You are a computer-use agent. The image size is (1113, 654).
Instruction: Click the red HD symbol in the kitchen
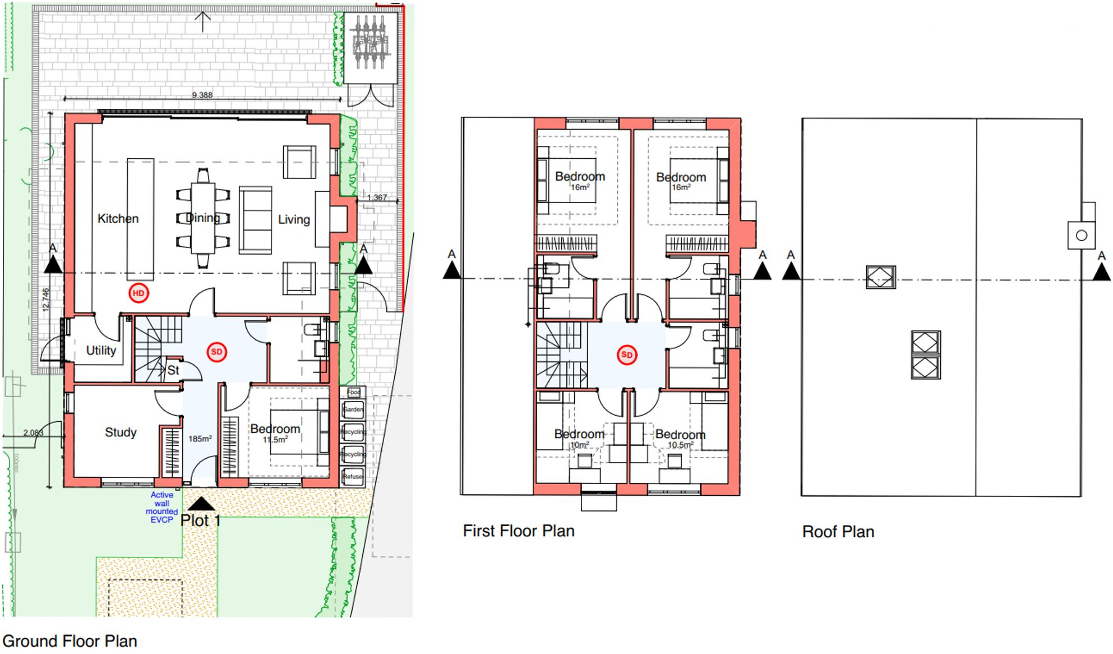138,293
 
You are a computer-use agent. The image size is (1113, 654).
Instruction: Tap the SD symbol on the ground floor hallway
216,352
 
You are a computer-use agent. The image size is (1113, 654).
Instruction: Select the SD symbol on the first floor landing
627,354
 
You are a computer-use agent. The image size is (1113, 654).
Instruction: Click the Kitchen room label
118,219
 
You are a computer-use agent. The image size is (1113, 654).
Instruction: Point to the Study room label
121,432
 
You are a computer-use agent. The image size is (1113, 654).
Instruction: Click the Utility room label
101,351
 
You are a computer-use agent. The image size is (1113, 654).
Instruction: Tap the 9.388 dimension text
202,95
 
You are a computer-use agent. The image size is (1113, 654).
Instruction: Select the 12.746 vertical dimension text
46,300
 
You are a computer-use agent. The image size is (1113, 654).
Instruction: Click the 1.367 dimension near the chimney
377,197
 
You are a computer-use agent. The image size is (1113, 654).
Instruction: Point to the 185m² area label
200,439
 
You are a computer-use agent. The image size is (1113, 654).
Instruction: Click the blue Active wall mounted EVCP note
161,508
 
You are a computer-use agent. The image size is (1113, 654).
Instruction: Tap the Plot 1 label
200,521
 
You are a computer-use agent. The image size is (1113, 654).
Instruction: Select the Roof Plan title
838,532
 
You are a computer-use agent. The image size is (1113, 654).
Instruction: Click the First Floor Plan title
518,531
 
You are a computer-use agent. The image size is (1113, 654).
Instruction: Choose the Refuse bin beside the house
353,477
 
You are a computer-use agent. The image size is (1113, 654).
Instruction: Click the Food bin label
353,392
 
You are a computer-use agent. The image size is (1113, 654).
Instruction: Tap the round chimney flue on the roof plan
1082,236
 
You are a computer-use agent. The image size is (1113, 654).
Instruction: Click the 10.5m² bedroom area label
680,445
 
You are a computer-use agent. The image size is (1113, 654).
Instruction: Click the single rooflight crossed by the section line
880,277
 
